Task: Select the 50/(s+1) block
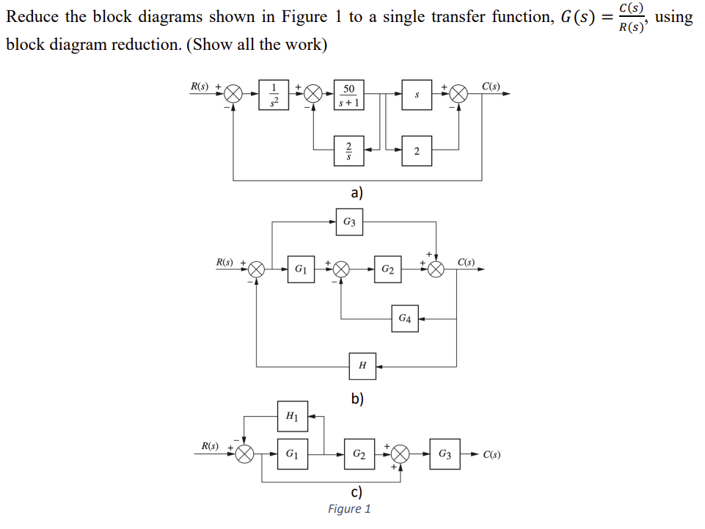pos(348,95)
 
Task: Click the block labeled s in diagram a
pos(416,95)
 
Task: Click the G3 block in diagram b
pos(350,222)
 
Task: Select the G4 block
pos(405,318)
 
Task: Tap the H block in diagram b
pos(362,365)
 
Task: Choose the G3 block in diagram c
pos(444,454)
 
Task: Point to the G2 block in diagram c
pos(359,454)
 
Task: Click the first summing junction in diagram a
pos(233,95)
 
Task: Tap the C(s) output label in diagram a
pos(491,86)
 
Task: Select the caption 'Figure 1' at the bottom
pos(349,509)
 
